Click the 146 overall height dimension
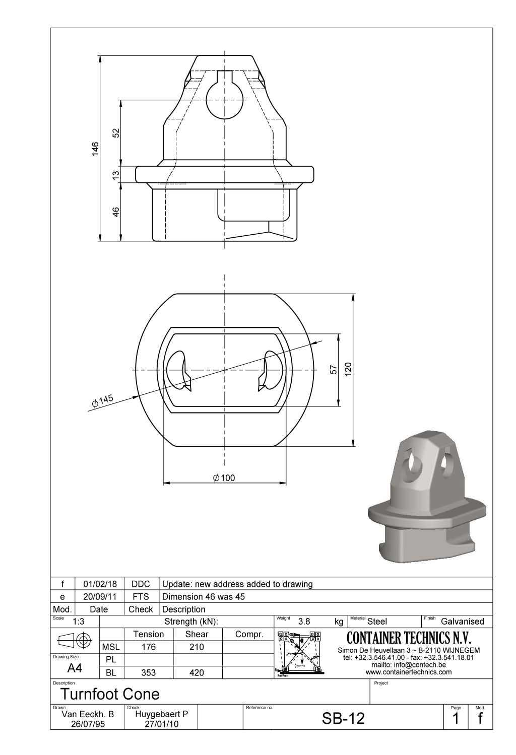point(95,149)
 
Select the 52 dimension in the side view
point(116,133)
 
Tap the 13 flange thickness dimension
point(116,175)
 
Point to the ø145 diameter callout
point(103,400)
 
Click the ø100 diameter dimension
point(224,477)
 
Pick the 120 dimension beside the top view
point(348,369)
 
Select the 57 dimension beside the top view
point(333,369)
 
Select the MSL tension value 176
point(148,647)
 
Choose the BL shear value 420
point(197,672)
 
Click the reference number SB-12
point(343,718)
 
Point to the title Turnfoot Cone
point(110,694)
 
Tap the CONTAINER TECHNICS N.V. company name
point(409,638)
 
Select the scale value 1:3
point(79,622)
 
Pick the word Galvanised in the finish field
point(462,622)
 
